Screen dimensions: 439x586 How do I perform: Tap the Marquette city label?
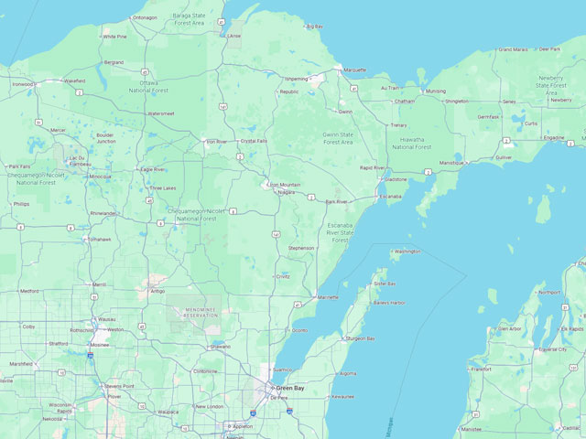(x=354, y=70)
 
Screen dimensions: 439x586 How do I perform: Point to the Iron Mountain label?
(x=285, y=185)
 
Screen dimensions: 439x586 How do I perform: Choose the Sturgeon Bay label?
(x=360, y=338)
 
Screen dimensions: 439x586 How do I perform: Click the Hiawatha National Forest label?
(x=412, y=143)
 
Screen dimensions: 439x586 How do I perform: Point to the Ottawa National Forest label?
(x=145, y=86)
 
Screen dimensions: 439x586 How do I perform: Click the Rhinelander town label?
(x=103, y=213)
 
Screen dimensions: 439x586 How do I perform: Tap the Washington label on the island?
(x=407, y=251)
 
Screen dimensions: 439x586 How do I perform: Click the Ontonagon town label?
(x=145, y=17)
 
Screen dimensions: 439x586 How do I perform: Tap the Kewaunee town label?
(x=342, y=397)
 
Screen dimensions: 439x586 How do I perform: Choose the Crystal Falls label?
(x=254, y=141)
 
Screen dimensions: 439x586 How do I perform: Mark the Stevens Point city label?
(x=119, y=387)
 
